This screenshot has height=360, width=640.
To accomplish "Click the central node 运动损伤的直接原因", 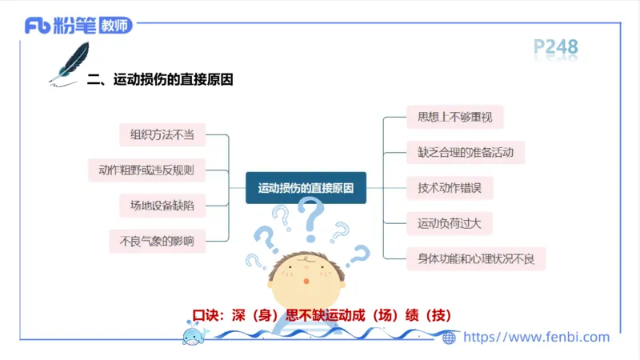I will point(306,188).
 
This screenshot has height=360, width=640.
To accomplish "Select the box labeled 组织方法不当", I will point(157,134).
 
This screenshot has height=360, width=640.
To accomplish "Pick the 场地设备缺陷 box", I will point(157,205).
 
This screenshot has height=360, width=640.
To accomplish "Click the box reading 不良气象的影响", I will point(157,240).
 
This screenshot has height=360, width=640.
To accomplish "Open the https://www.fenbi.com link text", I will point(536,338).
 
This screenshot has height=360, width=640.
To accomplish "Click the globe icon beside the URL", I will point(450,338).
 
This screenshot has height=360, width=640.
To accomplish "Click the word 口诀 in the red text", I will point(205,315).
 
